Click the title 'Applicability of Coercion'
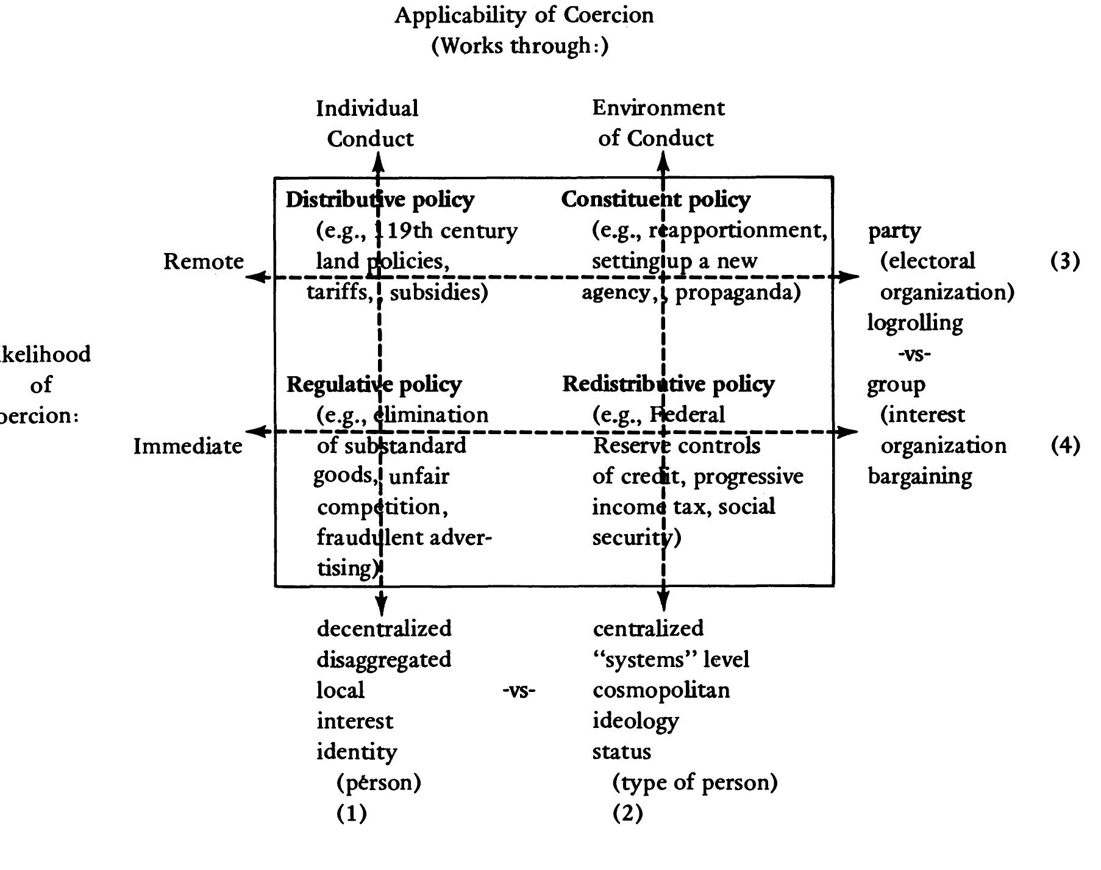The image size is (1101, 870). (524, 15)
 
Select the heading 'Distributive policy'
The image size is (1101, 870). (380, 199)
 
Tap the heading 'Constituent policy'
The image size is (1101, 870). (655, 199)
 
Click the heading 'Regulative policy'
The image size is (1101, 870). (374, 384)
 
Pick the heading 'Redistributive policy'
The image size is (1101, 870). (668, 384)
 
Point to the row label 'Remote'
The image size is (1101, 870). (204, 262)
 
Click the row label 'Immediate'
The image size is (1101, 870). (188, 446)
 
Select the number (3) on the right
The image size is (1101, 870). (1064, 261)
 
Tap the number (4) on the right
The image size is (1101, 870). (1064, 446)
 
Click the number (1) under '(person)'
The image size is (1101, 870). (352, 813)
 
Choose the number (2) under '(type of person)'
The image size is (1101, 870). (627, 813)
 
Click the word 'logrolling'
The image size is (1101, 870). (914, 323)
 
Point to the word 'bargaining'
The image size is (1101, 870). (919, 476)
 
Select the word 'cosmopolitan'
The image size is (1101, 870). (661, 691)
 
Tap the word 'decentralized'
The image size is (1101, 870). (384, 629)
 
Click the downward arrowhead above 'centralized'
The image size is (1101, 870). (663, 603)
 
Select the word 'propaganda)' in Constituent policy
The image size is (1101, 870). (738, 293)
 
